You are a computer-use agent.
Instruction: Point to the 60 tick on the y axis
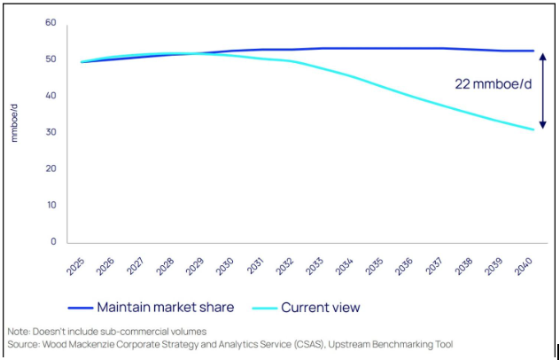pos(51,22)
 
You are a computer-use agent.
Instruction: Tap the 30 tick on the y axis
pos(51,132)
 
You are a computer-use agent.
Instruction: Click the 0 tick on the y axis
pos(53,241)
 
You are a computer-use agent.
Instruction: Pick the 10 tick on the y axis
pos(51,205)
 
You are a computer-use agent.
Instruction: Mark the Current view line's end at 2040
pos(533,129)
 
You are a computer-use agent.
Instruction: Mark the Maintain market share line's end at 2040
pos(533,51)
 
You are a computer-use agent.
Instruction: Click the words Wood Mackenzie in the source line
pos(84,343)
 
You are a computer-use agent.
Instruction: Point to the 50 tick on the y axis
pos(51,59)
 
